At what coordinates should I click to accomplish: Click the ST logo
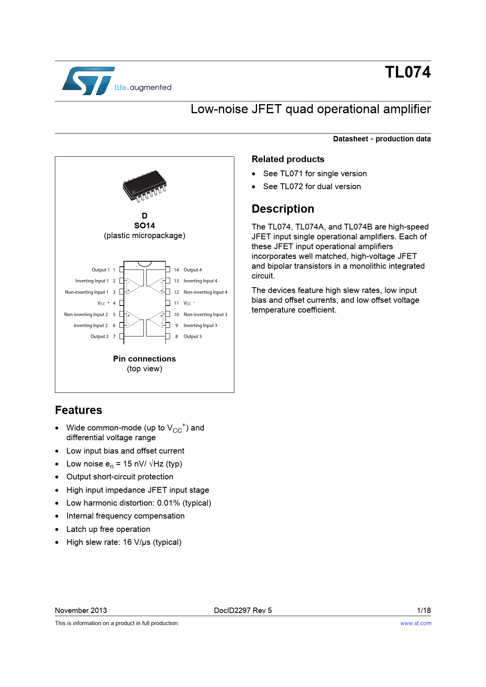click(x=89, y=81)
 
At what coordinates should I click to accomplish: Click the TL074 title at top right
click(x=408, y=72)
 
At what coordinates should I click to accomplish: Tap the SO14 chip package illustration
click(x=145, y=186)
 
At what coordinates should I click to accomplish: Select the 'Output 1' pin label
click(x=100, y=270)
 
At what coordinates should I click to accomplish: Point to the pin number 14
click(x=176, y=270)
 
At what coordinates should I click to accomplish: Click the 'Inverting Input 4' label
click(x=200, y=281)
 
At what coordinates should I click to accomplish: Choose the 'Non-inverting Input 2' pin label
click(x=86, y=315)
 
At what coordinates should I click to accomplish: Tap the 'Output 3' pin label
click(x=192, y=336)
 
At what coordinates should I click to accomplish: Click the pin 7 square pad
click(x=121, y=336)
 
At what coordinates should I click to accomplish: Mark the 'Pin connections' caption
click(x=144, y=359)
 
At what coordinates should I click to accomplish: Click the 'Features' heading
click(x=78, y=410)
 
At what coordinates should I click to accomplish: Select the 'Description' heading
click(x=283, y=209)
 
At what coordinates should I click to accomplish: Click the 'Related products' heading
click(x=288, y=159)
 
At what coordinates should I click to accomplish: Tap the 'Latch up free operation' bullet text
click(x=108, y=529)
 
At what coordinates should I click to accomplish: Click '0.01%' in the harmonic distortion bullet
click(x=169, y=503)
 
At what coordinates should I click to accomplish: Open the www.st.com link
click(x=415, y=623)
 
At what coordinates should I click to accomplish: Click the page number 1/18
click(x=424, y=610)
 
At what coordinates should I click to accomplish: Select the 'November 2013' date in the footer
click(x=81, y=610)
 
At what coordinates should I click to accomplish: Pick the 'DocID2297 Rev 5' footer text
click(x=243, y=610)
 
